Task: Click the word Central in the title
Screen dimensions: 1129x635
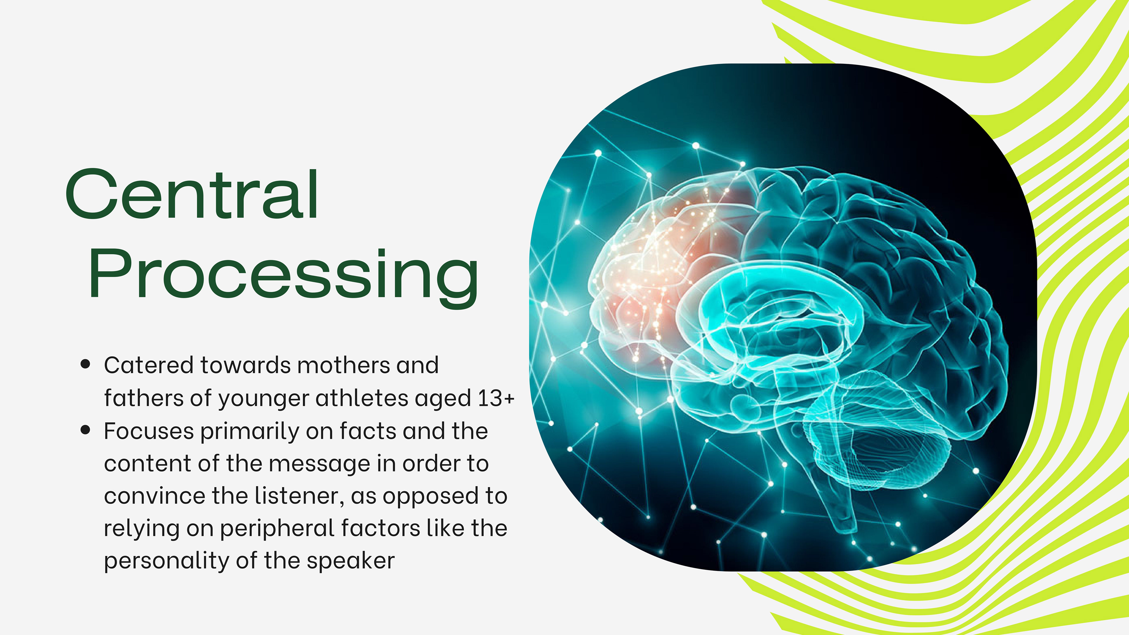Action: point(192,194)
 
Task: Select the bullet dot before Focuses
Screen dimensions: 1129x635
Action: point(86,430)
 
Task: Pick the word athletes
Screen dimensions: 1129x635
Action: point(362,398)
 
